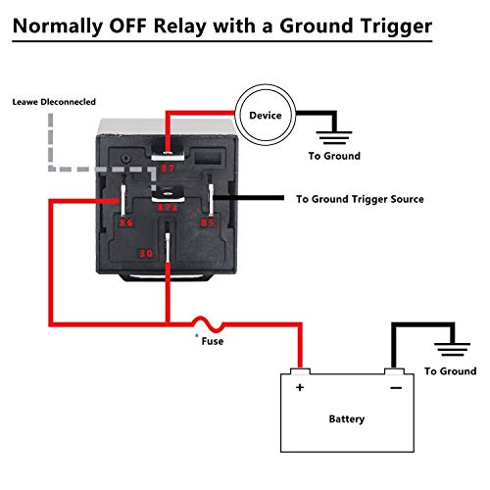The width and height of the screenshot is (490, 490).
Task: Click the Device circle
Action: click(265, 116)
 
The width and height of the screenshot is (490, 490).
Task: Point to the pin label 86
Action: click(125, 223)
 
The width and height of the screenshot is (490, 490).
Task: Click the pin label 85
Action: click(208, 222)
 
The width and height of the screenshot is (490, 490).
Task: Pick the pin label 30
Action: click(146, 254)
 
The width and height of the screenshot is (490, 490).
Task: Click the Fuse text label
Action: click(211, 343)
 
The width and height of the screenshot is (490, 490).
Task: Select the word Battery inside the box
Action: click(347, 418)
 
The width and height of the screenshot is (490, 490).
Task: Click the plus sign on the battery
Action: click(300, 388)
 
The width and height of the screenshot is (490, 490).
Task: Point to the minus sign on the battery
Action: click(395, 388)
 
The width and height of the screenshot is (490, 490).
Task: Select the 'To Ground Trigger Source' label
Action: click(360, 199)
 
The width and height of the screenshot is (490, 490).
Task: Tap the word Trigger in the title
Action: click(391, 26)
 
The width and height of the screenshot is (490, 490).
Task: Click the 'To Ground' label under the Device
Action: click(335, 156)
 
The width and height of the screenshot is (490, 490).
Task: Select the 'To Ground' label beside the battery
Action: click(450, 371)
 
